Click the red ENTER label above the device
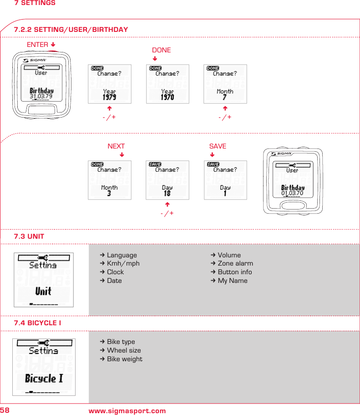(37, 45)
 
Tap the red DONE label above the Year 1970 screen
(161, 50)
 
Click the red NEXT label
(116, 146)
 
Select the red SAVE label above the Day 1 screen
(218, 146)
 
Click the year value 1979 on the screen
(109, 97)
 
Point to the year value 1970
(167, 97)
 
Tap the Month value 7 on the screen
(225, 97)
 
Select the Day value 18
(167, 194)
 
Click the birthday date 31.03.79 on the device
(41, 97)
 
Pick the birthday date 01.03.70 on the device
(292, 193)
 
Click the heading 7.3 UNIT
(29, 236)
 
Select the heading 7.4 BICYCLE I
(38, 323)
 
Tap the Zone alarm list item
(235, 263)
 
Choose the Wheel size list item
(124, 350)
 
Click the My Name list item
(233, 281)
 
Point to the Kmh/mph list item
(123, 263)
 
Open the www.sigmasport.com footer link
(127, 411)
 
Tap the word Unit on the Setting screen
(43, 291)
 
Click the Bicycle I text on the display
(44, 378)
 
